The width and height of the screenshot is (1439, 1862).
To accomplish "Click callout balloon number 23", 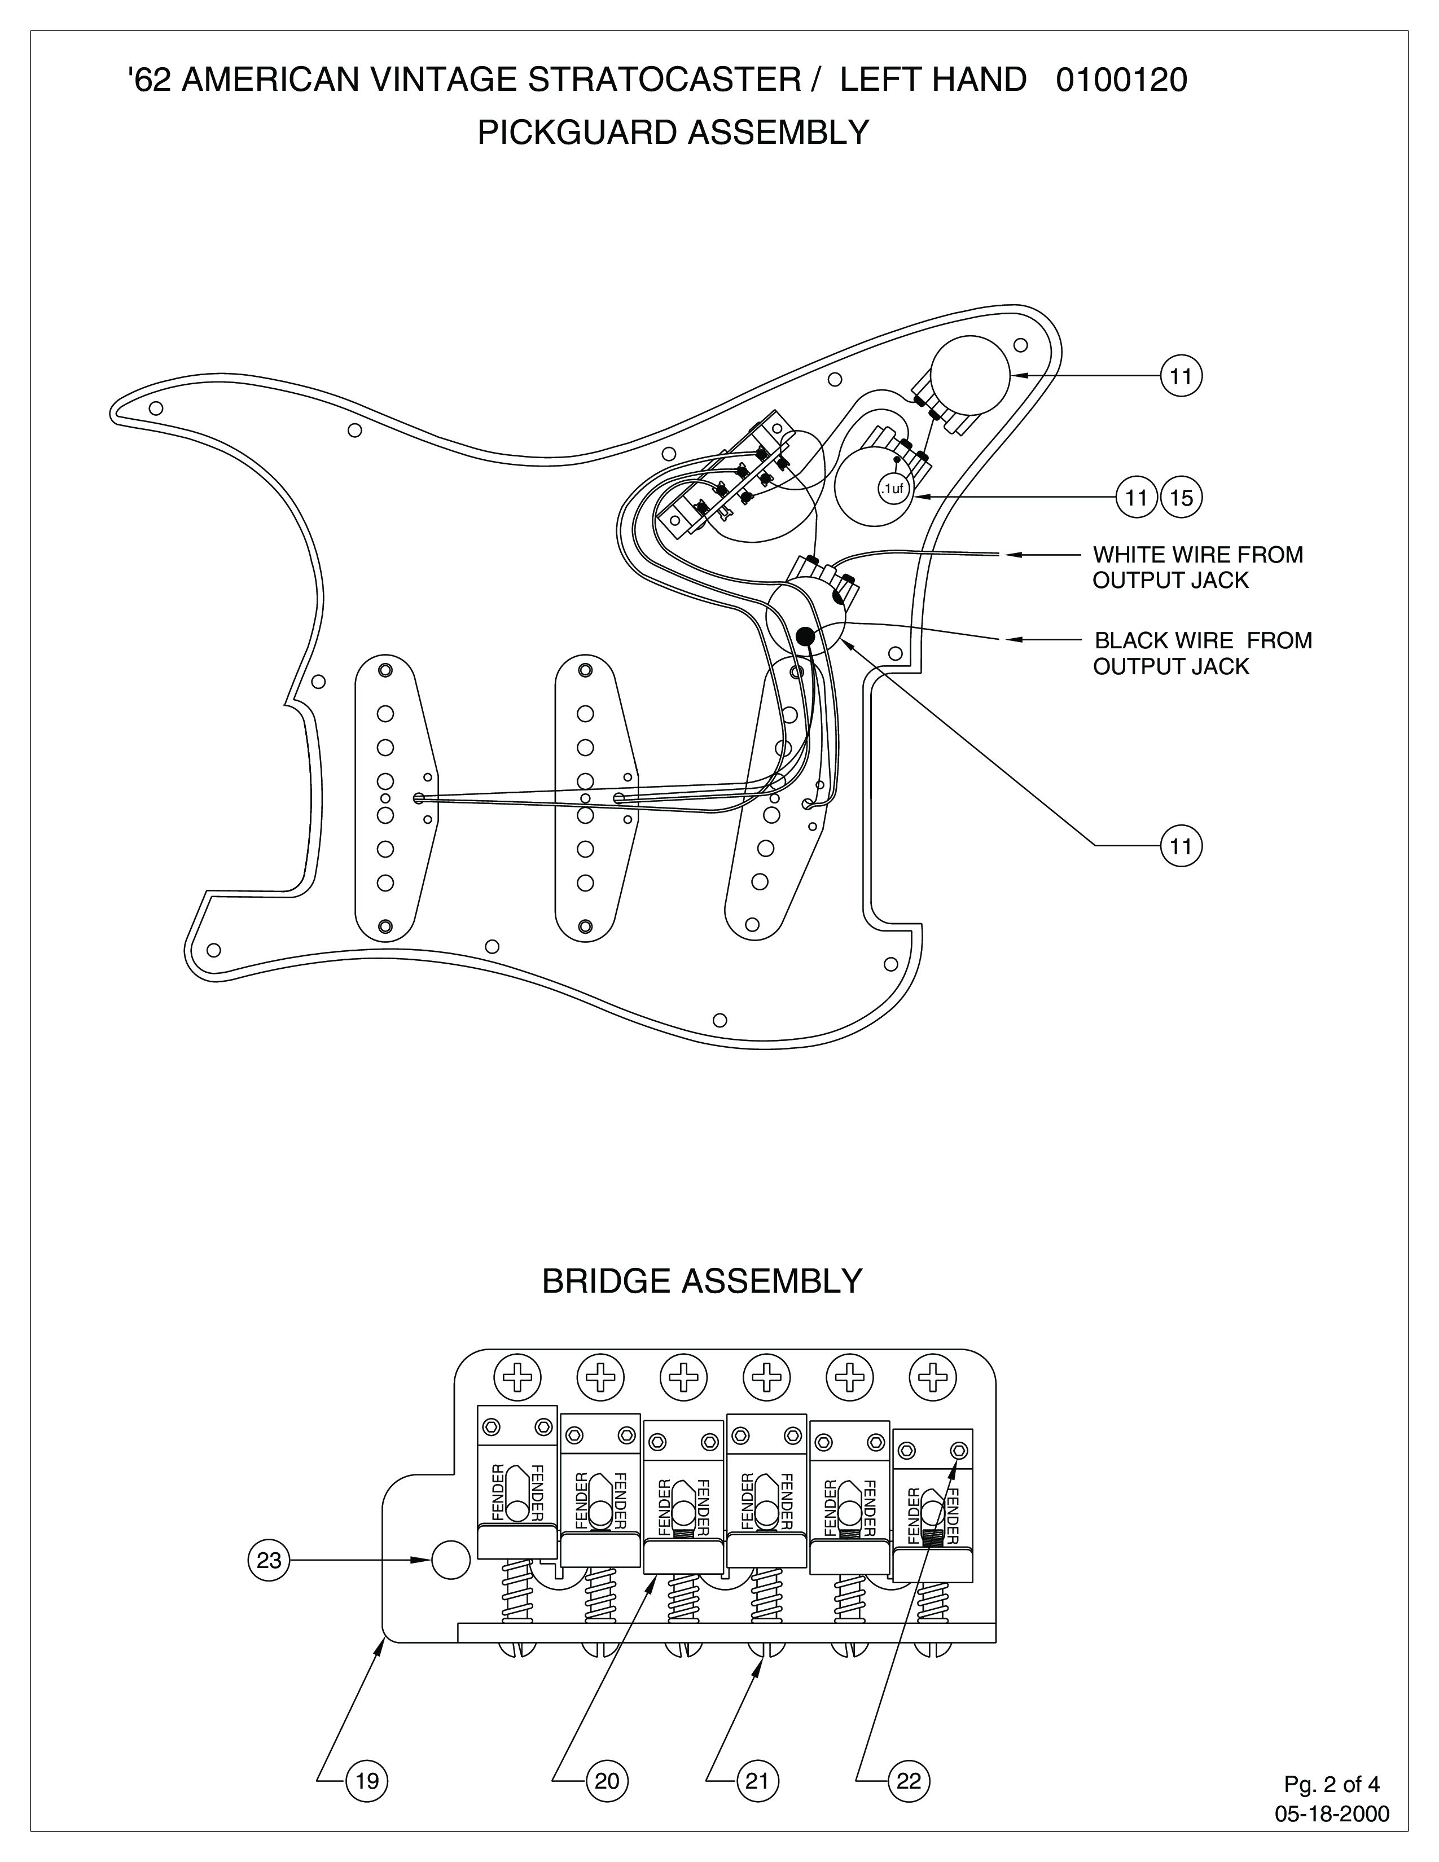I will click(x=269, y=1560).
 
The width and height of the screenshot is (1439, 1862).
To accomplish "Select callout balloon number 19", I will click(x=367, y=1774).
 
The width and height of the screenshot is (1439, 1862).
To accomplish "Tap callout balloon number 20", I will click(x=607, y=1774).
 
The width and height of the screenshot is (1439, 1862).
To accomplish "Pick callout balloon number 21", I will click(x=757, y=1774).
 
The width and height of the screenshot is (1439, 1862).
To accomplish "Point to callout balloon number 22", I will click(x=909, y=1774).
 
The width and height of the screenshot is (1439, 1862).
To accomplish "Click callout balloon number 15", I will click(x=1182, y=497).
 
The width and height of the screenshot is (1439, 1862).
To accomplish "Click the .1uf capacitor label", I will click(x=892, y=489).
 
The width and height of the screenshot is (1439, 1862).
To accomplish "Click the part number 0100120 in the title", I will click(x=1121, y=80).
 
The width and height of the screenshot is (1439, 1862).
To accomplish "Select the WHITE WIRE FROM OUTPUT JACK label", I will click(x=1197, y=568).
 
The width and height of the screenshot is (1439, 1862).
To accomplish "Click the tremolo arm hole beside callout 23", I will click(x=451, y=1560).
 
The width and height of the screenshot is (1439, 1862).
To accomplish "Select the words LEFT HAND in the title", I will click(x=933, y=80).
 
